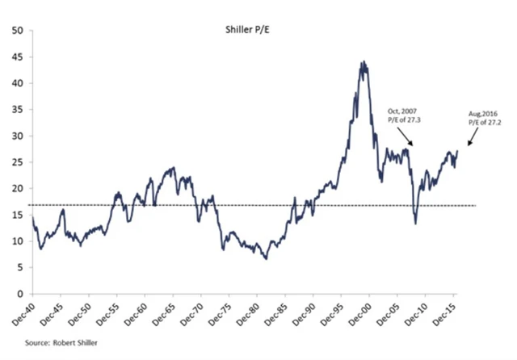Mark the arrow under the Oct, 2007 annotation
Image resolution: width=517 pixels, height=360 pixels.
(405, 136)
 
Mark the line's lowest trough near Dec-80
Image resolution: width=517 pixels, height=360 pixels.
(266, 258)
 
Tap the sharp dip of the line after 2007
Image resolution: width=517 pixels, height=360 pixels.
(415, 223)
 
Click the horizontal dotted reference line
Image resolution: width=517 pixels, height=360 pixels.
(242, 206)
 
